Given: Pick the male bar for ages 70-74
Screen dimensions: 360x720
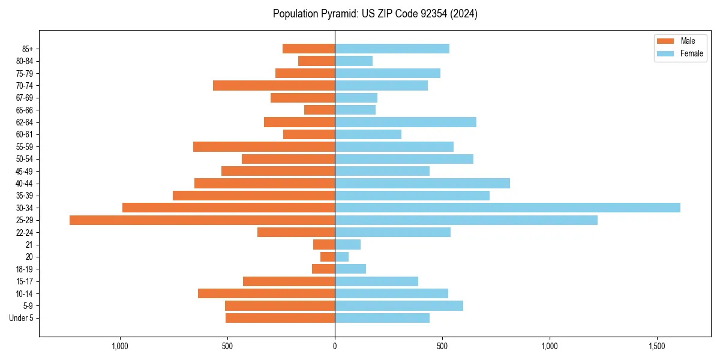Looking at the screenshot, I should pos(274,85).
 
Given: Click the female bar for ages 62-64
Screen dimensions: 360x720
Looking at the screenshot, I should pos(406,122).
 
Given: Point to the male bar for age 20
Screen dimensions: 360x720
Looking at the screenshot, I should pos(328,257).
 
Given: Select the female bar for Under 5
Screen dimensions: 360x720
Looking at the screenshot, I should pos(382,318).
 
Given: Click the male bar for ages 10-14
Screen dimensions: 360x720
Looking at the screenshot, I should pos(266,293).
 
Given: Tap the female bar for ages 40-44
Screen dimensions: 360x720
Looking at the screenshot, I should pos(422,183).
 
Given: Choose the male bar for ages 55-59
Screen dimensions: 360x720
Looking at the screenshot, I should pos(264,146).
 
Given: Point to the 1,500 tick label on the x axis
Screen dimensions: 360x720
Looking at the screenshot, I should pos(657,347).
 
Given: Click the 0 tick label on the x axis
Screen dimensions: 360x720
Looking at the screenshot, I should pos(335,347).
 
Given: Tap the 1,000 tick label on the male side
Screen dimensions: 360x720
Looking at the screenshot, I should pos(121,347).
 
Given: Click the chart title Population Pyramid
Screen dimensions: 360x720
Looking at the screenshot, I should pos(375,14).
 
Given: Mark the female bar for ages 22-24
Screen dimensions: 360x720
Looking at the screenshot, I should pos(392,232).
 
